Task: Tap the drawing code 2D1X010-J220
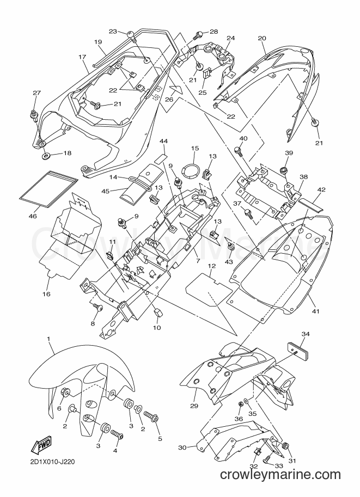tap(53, 463)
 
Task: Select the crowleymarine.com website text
tap(280, 475)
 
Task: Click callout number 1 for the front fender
tap(49, 339)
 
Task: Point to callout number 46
tap(33, 216)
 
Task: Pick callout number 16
tap(46, 294)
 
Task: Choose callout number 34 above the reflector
tap(306, 334)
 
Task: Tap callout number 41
tap(315, 311)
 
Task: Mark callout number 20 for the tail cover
tap(261, 38)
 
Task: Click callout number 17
tap(82, 57)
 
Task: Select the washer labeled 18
tap(46, 156)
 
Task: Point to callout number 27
tap(37, 93)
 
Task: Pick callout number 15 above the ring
tap(195, 148)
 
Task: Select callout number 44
tap(164, 141)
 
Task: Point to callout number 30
tap(182, 447)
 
